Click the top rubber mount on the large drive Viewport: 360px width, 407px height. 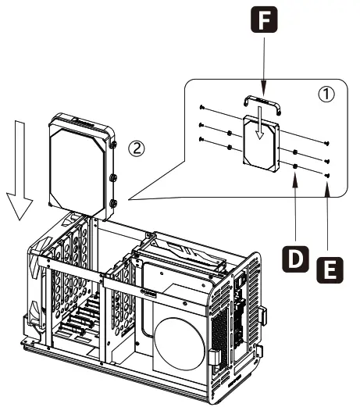click(114, 145)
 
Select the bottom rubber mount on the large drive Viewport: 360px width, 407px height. click(114, 203)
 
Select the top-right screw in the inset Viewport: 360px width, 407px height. click(326, 143)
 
